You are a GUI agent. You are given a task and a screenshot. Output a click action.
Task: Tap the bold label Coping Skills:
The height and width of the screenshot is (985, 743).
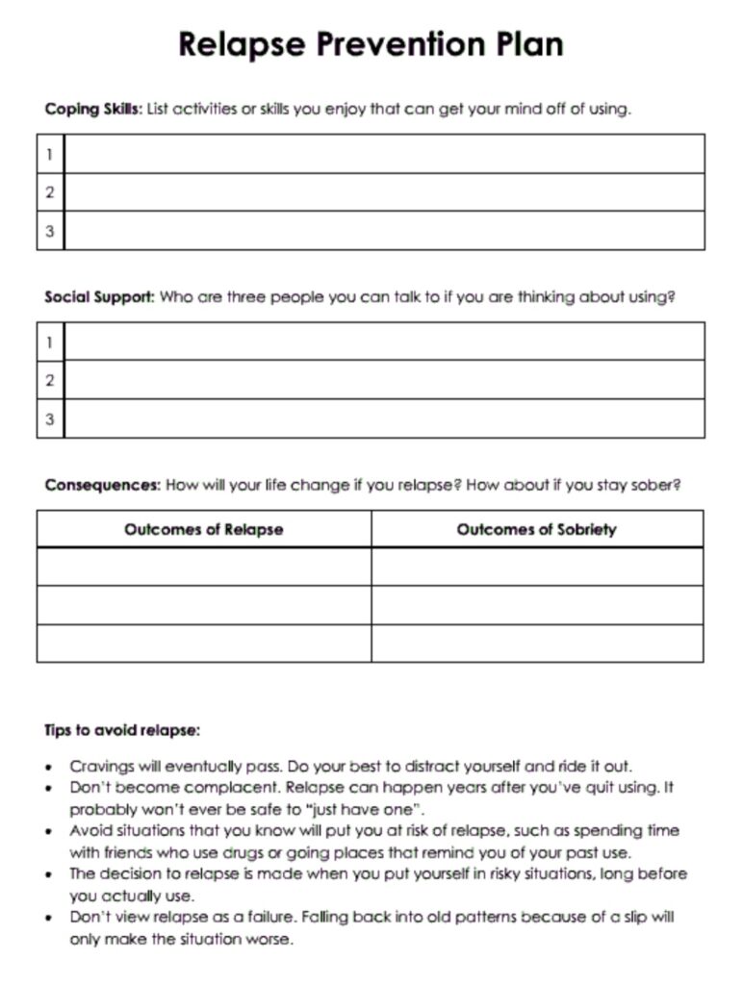click(93, 109)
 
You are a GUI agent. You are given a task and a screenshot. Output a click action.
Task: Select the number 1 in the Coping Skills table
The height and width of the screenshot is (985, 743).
click(50, 154)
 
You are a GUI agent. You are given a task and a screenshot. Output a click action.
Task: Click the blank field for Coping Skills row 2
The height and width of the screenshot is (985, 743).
click(383, 192)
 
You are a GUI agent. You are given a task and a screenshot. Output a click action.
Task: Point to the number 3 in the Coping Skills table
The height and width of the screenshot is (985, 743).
click(50, 231)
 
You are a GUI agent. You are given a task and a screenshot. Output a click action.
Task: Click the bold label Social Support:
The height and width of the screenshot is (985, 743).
click(99, 297)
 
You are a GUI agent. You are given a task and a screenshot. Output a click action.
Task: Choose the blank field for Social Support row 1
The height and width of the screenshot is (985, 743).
click(383, 341)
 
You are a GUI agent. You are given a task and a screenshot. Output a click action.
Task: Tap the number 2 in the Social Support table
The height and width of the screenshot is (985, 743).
click(50, 380)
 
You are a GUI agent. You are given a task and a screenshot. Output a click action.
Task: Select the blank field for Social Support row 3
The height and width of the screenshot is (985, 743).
click(383, 418)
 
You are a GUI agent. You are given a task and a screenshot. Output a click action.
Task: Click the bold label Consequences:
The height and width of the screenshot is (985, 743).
click(103, 485)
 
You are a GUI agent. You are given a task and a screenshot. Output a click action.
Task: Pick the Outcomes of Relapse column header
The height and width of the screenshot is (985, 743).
click(203, 529)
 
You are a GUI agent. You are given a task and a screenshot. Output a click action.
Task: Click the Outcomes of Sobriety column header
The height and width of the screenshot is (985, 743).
click(536, 529)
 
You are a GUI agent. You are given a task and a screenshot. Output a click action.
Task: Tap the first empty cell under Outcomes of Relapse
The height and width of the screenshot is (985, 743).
click(203, 567)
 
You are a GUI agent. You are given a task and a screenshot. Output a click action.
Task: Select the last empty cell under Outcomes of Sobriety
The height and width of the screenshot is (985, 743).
click(536, 643)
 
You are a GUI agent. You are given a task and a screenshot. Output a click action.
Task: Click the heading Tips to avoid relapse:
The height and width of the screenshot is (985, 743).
click(122, 730)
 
